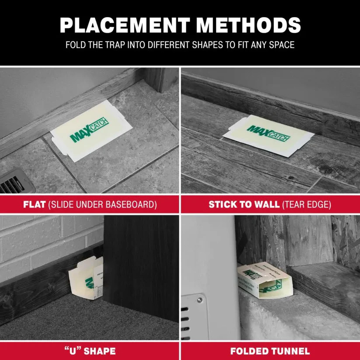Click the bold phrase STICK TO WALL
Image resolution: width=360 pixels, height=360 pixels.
(x=243, y=204)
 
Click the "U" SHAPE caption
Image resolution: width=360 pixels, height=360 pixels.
(x=90, y=351)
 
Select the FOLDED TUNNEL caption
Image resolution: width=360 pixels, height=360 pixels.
(x=270, y=351)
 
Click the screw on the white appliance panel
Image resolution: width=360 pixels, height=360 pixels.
(x=199, y=300)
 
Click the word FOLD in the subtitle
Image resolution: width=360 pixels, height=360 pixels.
(x=75, y=45)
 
